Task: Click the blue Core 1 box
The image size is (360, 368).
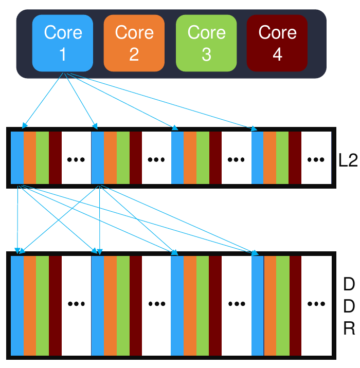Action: [x=63, y=43]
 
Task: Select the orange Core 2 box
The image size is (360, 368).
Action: [x=134, y=43]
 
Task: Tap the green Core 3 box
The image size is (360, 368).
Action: [x=206, y=43]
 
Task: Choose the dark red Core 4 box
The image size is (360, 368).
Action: [x=277, y=43]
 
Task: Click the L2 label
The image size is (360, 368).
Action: [x=348, y=159]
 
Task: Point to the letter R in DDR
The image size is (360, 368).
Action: [x=349, y=329]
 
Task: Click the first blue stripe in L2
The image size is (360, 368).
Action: [x=17, y=158]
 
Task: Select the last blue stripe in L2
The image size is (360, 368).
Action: [x=257, y=158]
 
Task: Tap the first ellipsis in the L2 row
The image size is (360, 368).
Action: [x=76, y=159]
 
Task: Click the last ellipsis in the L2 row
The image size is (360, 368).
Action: [x=316, y=159]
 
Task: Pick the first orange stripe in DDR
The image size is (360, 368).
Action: [x=29, y=305]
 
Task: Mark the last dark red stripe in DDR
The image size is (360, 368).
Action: [x=295, y=305]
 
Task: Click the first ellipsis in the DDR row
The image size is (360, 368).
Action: [x=76, y=304]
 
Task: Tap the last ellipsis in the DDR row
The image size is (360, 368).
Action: [x=316, y=304]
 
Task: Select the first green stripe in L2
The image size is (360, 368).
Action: [x=42, y=158]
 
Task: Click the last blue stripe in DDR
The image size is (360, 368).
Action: [x=258, y=305]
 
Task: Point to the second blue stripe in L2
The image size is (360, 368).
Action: [x=97, y=158]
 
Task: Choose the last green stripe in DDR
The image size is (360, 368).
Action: [x=283, y=305]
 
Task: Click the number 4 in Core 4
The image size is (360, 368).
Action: [x=277, y=54]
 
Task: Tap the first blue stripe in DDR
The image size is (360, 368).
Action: [x=17, y=305]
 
